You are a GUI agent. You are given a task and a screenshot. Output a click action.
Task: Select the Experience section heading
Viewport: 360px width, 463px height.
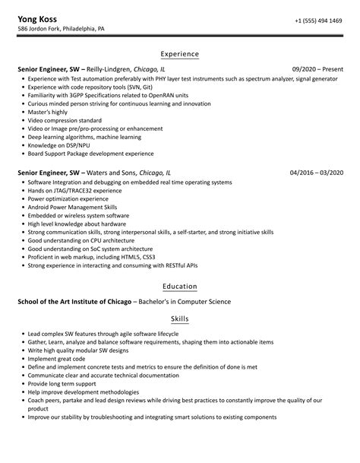[180, 54]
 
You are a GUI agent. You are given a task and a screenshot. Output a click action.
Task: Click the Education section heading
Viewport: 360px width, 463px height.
[180, 286]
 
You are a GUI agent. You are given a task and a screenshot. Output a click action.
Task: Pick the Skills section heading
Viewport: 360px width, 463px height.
[180, 320]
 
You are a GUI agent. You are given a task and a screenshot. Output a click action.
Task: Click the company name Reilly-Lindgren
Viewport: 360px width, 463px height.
[112, 68]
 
